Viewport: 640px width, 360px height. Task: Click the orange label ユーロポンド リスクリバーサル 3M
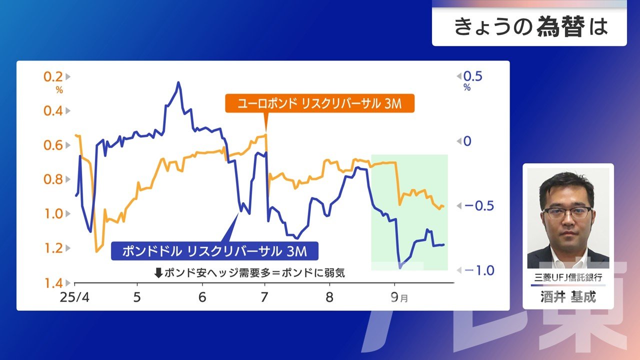pos(319,103)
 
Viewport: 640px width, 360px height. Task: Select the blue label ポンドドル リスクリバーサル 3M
pos(214,251)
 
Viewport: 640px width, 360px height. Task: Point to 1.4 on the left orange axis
pos(52,283)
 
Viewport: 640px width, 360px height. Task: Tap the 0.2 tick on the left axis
pos(53,76)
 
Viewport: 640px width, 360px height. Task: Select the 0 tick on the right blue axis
pos(467,141)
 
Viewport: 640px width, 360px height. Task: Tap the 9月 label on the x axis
pos(397,298)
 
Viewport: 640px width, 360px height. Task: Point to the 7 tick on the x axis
pos(265,297)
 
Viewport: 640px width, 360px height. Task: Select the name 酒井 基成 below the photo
pos(568,297)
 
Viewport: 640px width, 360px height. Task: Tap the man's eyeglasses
pos(567,212)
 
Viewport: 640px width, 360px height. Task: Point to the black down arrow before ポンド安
pos(158,273)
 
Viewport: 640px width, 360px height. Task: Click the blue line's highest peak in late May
pos(178,82)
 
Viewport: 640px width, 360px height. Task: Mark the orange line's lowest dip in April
pos(96,251)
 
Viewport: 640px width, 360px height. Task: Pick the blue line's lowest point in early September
pos(400,268)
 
